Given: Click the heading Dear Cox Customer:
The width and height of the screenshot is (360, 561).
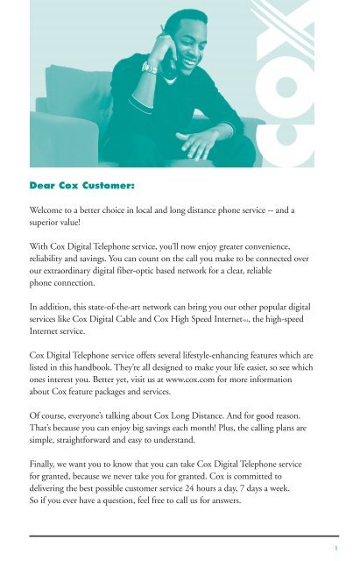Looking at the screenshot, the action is pos(83,186).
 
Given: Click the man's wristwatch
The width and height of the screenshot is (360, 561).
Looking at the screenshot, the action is pos(150,67).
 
